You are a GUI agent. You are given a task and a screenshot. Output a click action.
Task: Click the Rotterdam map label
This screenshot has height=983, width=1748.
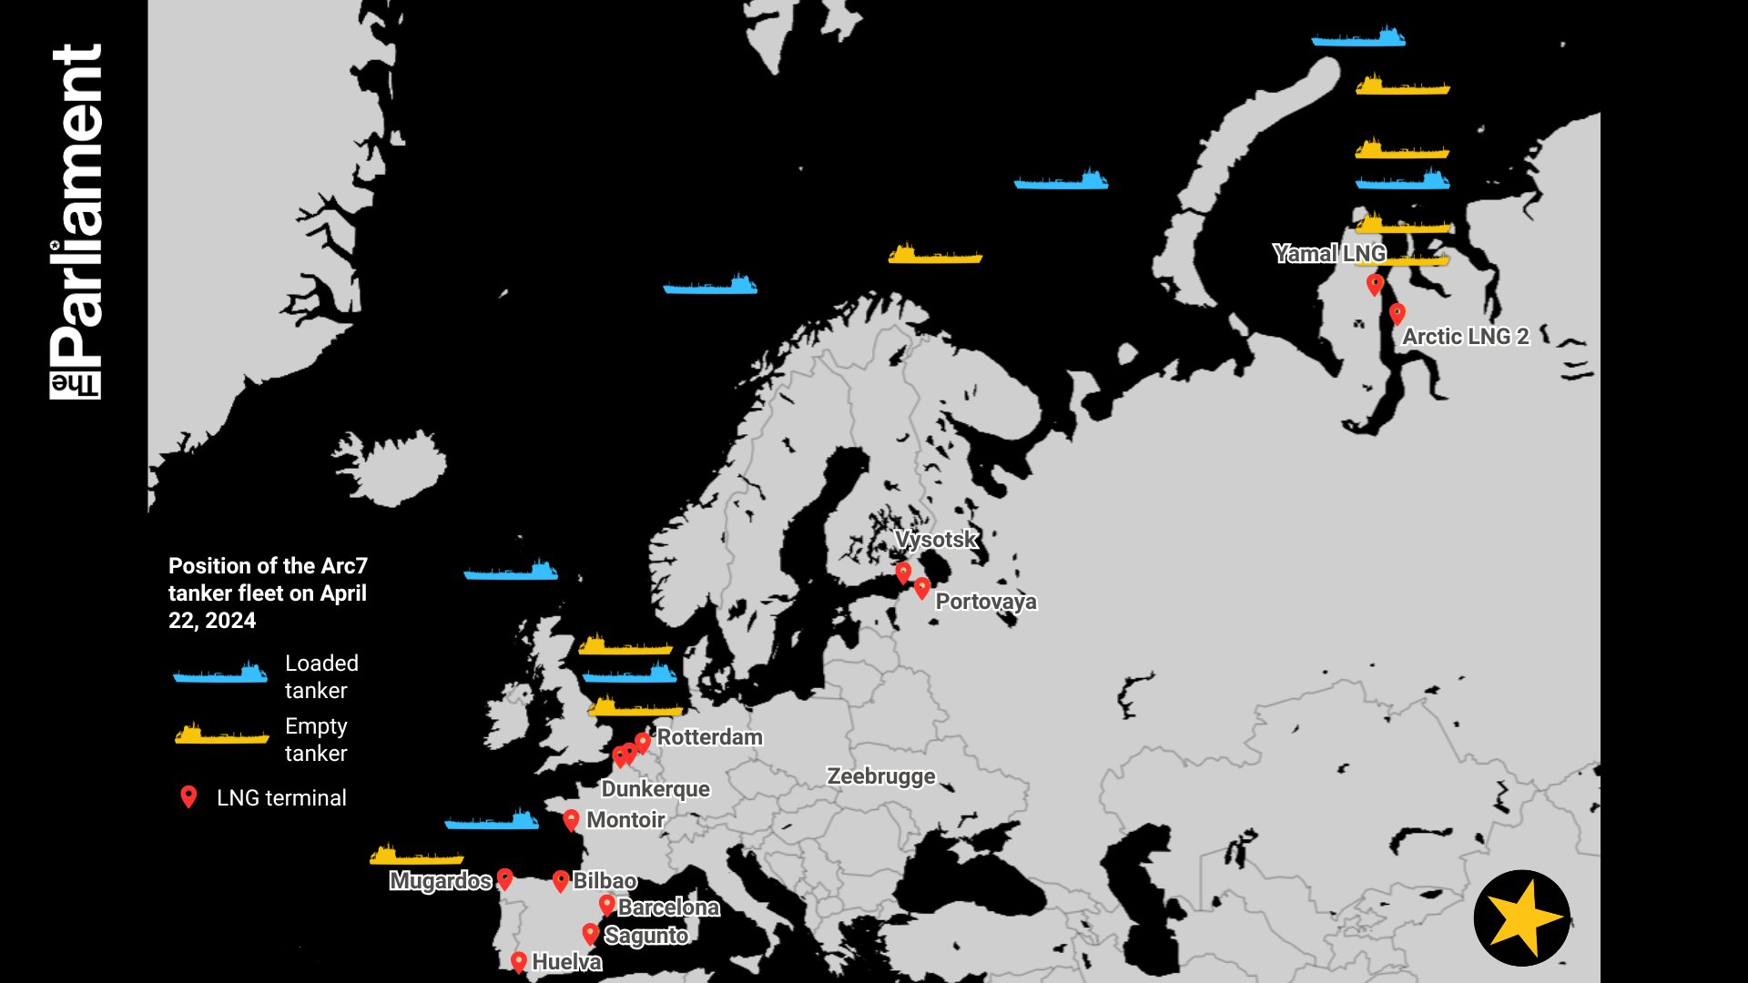coord(709,737)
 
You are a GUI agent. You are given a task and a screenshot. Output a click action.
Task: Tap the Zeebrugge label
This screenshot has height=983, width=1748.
coord(880,776)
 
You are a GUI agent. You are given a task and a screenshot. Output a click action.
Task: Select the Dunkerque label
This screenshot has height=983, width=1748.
coord(655,789)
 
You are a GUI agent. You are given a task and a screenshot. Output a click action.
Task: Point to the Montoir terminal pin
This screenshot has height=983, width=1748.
coord(571,820)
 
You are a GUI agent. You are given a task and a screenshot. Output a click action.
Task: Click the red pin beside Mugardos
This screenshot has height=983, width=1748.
coord(505,879)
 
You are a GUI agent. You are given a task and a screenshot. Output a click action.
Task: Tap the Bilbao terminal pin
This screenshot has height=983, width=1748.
coord(561,880)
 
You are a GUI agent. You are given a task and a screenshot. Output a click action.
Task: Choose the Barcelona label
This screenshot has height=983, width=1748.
coord(668,907)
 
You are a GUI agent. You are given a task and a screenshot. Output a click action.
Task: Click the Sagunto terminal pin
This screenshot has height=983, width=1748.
coord(591,934)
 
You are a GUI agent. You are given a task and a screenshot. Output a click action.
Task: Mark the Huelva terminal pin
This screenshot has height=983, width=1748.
coord(519,961)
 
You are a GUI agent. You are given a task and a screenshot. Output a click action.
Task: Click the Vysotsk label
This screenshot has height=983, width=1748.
coord(936,540)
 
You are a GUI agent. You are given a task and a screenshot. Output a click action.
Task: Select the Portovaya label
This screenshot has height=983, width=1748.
coord(986,602)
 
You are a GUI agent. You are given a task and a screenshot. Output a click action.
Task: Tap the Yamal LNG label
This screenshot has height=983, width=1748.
coord(1329,254)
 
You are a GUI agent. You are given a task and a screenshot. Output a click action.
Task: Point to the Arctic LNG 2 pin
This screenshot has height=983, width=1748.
coord(1397,315)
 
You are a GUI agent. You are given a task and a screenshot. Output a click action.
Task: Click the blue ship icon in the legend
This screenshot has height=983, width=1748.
coord(221,674)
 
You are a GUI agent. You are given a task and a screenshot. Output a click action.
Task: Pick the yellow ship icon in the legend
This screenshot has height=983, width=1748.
coord(221,735)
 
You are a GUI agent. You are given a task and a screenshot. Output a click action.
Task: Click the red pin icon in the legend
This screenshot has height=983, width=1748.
coord(188,797)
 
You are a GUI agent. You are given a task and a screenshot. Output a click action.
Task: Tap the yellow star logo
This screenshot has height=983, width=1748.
coord(1521,917)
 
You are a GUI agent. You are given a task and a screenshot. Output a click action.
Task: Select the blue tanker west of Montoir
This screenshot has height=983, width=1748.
coord(493,820)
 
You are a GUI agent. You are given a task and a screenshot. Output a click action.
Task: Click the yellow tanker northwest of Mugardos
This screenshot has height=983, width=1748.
coord(416,856)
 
